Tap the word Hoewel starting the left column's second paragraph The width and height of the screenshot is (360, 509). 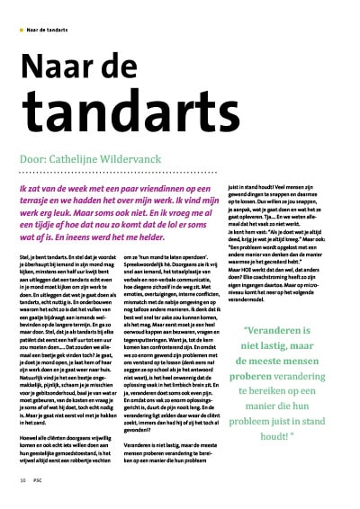pyautogui.click(x=31, y=416)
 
